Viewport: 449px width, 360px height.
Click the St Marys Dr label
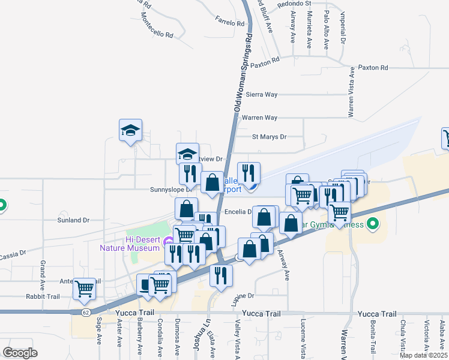point(269,137)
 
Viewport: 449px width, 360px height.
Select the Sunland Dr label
point(74,220)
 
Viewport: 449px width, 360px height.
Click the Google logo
point(20,353)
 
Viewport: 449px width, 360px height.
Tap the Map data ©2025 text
point(424,355)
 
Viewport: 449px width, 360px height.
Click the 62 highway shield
point(86,312)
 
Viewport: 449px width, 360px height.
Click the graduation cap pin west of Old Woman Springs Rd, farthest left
point(130,130)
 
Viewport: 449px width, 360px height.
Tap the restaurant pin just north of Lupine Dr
point(221,275)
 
